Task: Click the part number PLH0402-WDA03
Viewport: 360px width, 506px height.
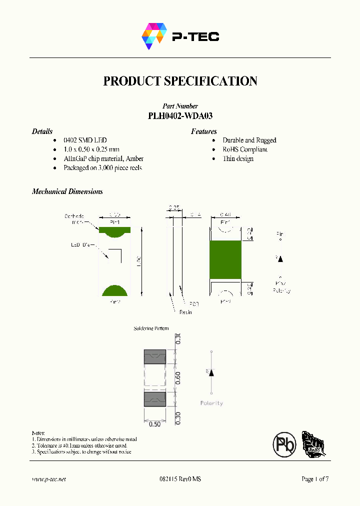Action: (x=180, y=115)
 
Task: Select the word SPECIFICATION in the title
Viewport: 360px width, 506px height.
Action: (x=210, y=81)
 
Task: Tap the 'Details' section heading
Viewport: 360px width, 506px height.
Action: (x=42, y=131)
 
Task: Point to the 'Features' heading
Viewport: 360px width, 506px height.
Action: (x=203, y=131)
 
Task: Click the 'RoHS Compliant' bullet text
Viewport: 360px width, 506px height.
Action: (x=245, y=149)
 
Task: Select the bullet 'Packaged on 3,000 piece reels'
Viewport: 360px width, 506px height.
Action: (x=102, y=167)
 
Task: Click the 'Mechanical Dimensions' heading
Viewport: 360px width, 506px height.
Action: (x=67, y=191)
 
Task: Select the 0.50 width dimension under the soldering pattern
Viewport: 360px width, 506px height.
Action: (x=155, y=424)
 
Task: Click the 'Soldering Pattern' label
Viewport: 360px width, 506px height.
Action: (x=151, y=328)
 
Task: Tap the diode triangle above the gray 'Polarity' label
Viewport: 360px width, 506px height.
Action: (x=211, y=373)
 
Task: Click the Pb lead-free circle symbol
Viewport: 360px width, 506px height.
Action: (x=284, y=443)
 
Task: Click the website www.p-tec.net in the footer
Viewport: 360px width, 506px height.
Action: (x=49, y=479)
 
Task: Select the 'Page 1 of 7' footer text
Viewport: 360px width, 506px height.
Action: (x=315, y=479)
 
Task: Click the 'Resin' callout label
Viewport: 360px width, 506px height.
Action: (x=185, y=312)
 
